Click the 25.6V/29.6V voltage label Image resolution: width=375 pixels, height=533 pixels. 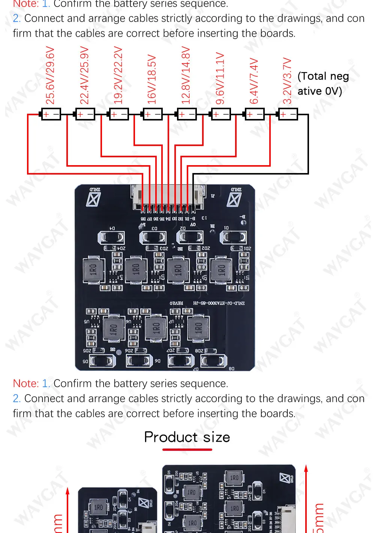click(x=50, y=75)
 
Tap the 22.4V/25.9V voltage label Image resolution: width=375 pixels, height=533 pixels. click(x=84, y=75)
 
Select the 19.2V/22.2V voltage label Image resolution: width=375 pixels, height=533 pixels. click(x=118, y=75)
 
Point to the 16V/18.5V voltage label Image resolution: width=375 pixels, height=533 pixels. click(x=151, y=79)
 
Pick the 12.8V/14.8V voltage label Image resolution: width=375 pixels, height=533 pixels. click(x=186, y=75)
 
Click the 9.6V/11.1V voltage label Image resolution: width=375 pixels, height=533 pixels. click(x=220, y=78)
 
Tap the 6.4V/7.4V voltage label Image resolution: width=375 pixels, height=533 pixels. click(x=254, y=81)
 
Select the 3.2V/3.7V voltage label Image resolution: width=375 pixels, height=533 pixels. click(x=287, y=81)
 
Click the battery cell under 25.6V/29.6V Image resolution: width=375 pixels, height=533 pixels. click(x=51, y=114)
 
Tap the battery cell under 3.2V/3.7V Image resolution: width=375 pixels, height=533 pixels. click(x=288, y=114)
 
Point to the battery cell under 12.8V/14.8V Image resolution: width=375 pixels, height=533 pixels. click(x=186, y=114)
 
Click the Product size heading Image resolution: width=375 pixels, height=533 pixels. click(x=187, y=437)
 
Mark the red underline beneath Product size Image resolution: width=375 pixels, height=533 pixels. click(x=187, y=449)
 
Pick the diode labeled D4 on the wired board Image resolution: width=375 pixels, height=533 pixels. click(x=111, y=237)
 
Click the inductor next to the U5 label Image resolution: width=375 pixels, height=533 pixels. click(x=113, y=329)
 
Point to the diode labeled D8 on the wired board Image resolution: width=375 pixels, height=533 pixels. click(x=214, y=361)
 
